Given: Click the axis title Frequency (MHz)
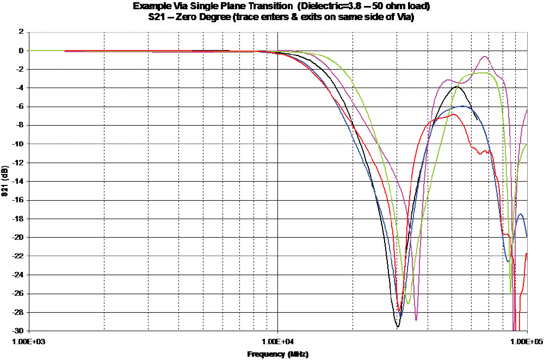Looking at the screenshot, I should [278, 354].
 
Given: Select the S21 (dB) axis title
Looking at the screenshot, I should [5, 182].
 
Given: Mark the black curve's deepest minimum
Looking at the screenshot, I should [398, 326].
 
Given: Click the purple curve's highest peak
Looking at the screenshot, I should [484, 57].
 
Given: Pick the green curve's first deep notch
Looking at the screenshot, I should [408, 303].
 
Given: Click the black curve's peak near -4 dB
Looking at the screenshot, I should [457, 86].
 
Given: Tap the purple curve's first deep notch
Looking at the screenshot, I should [416, 320].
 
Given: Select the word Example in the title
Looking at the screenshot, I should [150, 7].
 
